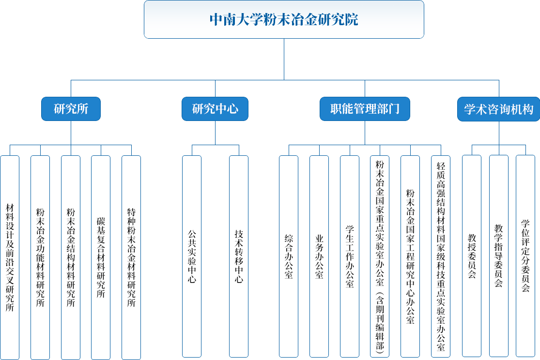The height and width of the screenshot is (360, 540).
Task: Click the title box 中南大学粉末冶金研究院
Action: [x=284, y=19]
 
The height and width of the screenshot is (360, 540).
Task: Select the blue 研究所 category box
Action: [x=71, y=109]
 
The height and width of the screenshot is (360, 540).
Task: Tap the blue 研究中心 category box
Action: [x=215, y=109]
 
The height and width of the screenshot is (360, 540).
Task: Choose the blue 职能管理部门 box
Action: [x=365, y=109]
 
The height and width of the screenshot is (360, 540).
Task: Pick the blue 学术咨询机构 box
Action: [x=498, y=109]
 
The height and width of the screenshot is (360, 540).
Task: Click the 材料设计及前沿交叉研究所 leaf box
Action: [x=10, y=257]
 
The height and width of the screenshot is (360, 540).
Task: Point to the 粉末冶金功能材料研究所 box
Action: [x=40, y=257]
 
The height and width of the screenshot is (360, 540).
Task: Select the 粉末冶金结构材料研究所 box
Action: [x=71, y=257]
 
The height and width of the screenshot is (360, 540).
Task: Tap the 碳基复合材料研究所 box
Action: [x=101, y=257]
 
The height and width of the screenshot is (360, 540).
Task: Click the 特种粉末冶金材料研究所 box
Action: [x=131, y=257]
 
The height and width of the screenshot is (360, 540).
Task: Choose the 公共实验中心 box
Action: [x=192, y=256]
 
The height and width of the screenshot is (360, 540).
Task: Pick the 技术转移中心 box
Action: [x=239, y=256]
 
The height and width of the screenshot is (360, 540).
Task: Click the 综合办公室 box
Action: [x=289, y=256]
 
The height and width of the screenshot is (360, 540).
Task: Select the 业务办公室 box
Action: [x=319, y=256]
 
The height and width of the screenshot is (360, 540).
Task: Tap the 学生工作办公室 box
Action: [x=350, y=256]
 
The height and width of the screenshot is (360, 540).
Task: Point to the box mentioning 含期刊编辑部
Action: [x=380, y=256]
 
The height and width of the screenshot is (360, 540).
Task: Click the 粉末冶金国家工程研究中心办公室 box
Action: [x=410, y=256]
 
